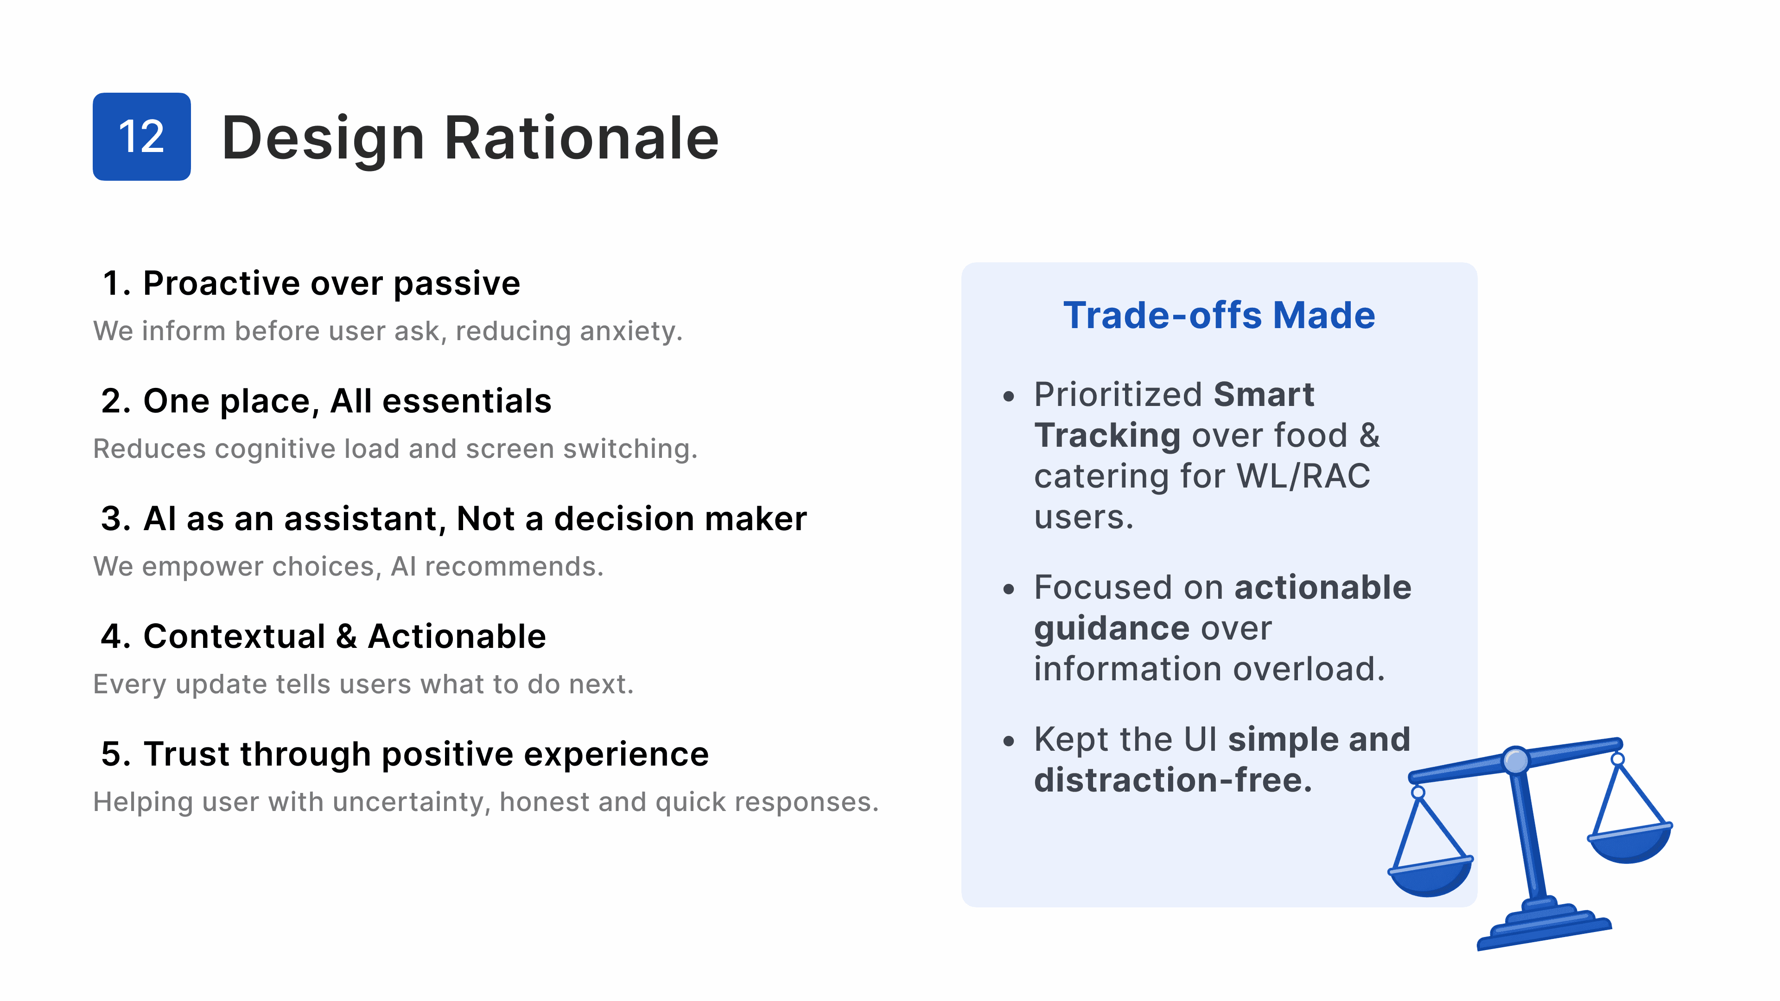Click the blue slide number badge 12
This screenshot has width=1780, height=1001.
pyautogui.click(x=142, y=137)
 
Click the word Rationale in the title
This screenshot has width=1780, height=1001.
pyautogui.click(x=581, y=138)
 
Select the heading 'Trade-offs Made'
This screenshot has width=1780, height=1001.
pyautogui.click(x=1219, y=315)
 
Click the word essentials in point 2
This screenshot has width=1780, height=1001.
pyautogui.click(x=467, y=401)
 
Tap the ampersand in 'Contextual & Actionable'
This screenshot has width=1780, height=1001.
pyautogui.click(x=346, y=636)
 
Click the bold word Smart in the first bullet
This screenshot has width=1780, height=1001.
pyautogui.click(x=1264, y=394)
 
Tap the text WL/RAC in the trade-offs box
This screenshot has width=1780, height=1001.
pyautogui.click(x=1303, y=476)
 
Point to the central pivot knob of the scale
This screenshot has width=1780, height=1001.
pyautogui.click(x=1516, y=760)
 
